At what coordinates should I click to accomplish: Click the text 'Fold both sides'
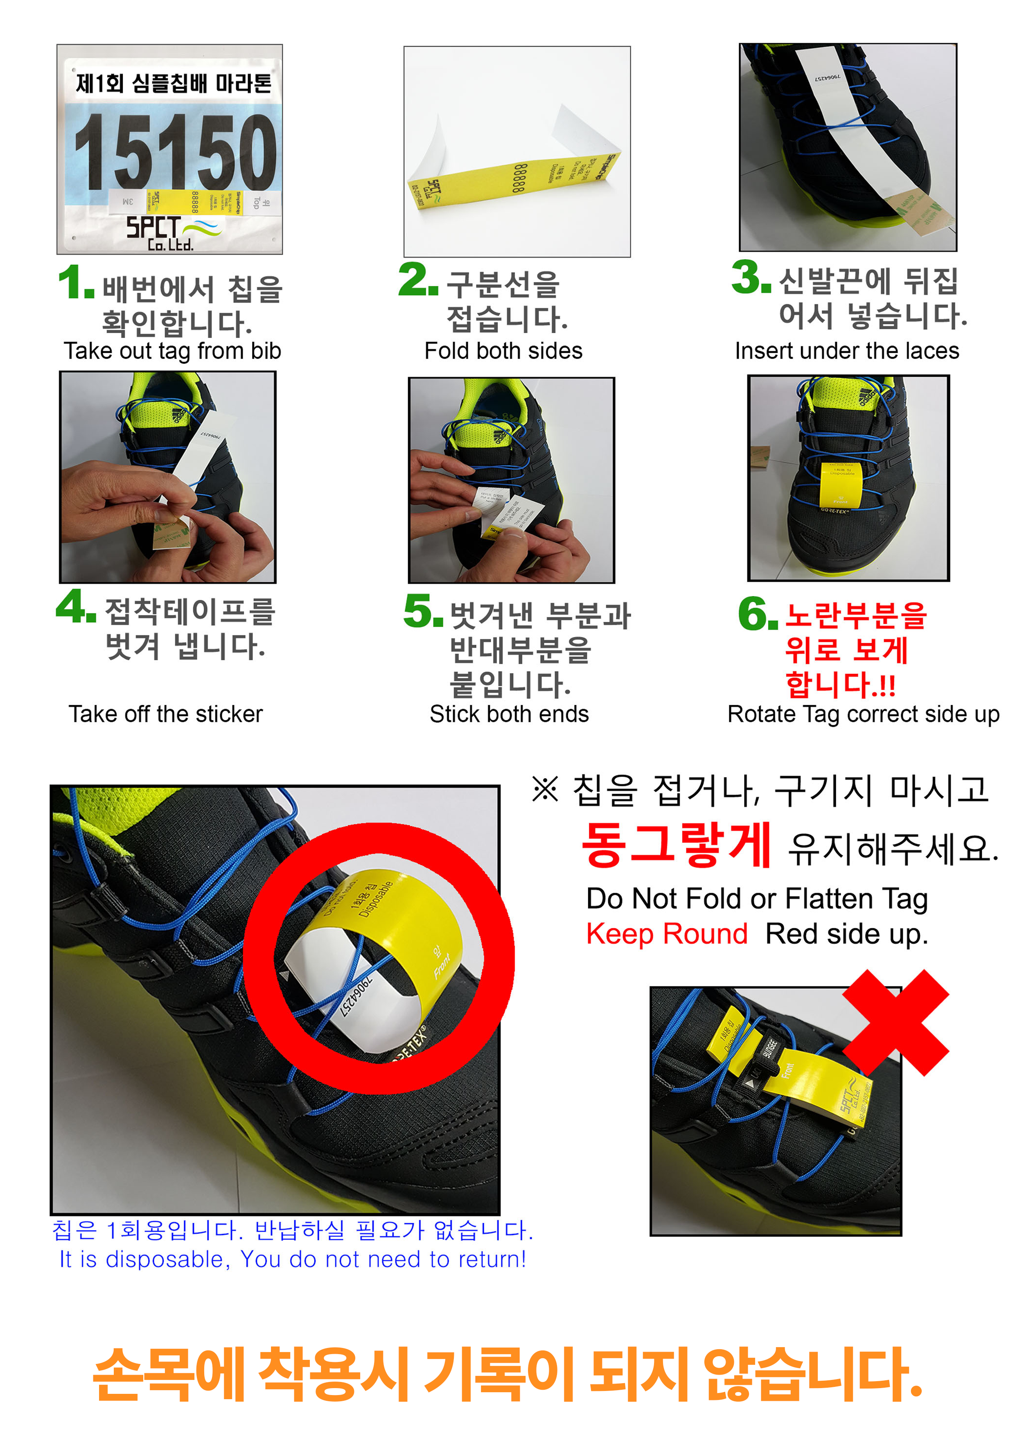pyautogui.click(x=503, y=351)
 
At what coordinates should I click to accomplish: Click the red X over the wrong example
pyautogui.click(x=895, y=1023)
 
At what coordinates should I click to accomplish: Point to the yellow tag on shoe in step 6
pyautogui.click(x=841, y=485)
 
